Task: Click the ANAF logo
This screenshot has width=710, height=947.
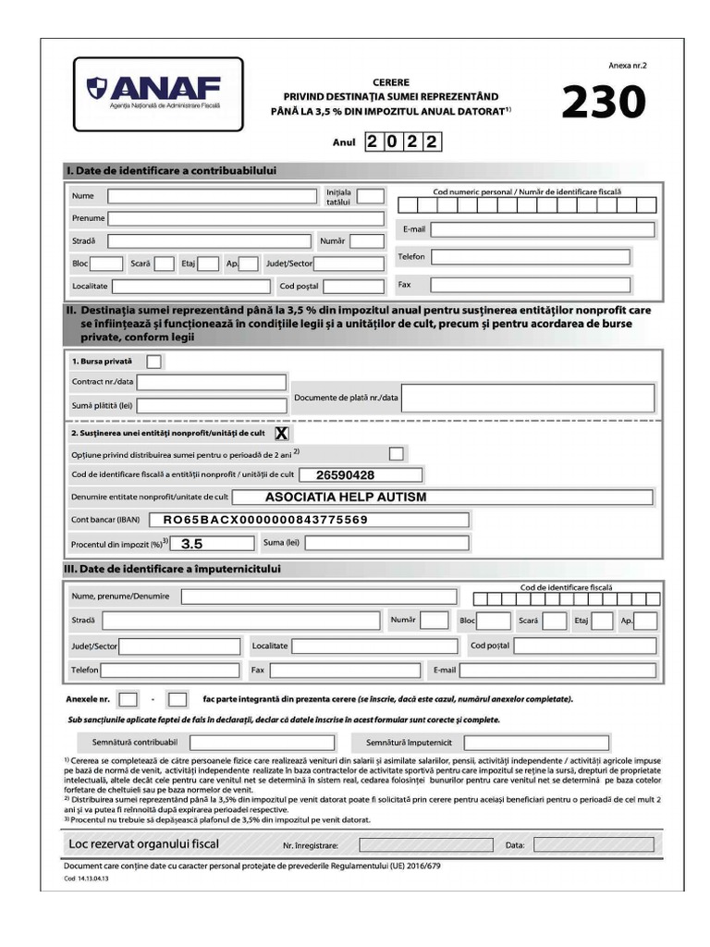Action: click(x=157, y=92)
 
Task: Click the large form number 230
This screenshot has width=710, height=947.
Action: click(x=603, y=103)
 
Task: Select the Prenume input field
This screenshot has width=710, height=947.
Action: click(x=245, y=218)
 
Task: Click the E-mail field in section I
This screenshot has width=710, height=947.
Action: click(x=542, y=229)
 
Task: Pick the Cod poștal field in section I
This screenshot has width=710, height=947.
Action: click(x=353, y=287)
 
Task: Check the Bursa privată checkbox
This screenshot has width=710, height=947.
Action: click(x=154, y=361)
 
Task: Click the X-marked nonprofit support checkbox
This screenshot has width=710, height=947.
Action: click(x=281, y=433)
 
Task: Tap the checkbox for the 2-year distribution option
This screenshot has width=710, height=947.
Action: click(x=397, y=454)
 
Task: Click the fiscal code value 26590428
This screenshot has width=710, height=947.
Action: click(x=345, y=475)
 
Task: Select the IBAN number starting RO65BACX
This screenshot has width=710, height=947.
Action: click(x=265, y=520)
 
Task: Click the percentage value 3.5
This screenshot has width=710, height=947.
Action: click(x=192, y=544)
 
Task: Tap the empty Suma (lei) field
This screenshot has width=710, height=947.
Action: click(x=386, y=543)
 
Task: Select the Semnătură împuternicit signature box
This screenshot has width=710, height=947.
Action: click(x=536, y=743)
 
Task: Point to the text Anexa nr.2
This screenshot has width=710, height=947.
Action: click(x=628, y=67)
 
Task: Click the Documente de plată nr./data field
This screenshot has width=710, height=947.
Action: click(x=528, y=398)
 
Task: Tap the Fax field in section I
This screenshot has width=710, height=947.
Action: click(x=530, y=285)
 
